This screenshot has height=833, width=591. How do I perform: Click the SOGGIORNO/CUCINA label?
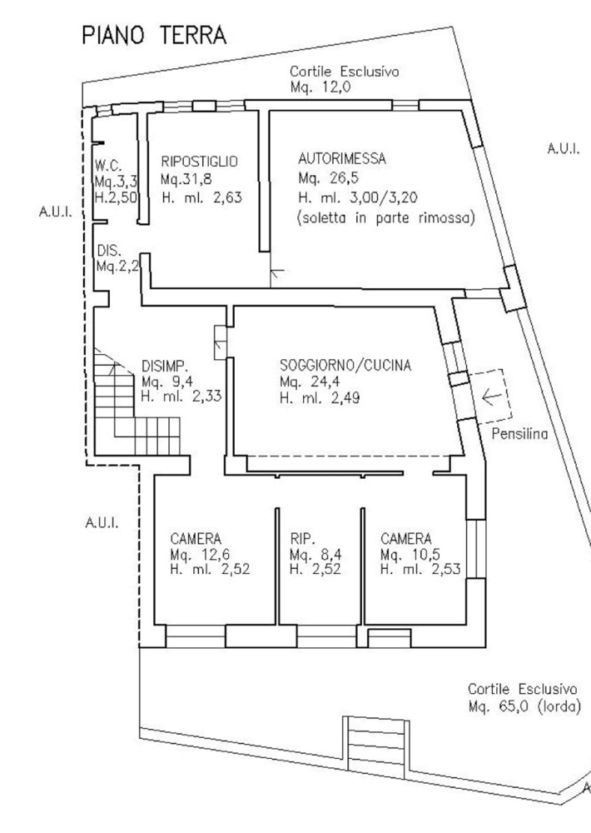(345, 364)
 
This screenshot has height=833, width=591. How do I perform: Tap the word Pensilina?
(519, 433)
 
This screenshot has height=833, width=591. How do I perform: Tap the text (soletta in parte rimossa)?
(385, 219)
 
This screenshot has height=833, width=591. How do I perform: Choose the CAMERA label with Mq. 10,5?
(405, 538)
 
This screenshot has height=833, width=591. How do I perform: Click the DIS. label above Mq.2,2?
(108, 249)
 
